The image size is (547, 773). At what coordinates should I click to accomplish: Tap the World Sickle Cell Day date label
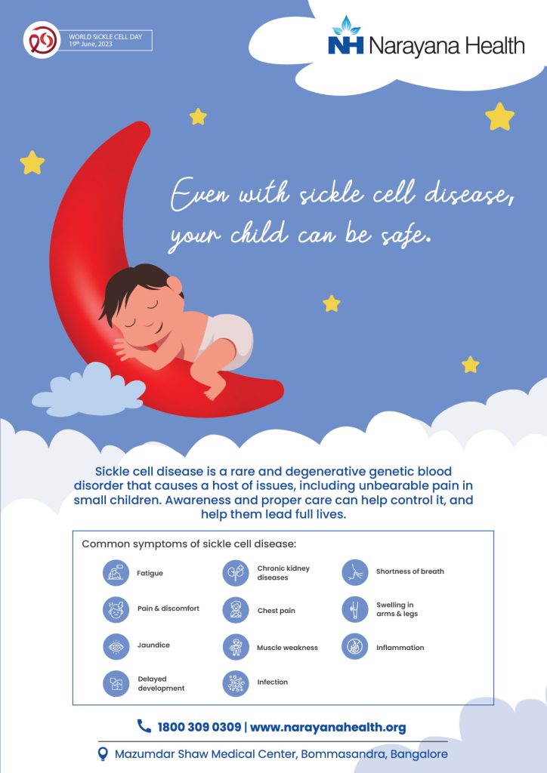(x=106, y=41)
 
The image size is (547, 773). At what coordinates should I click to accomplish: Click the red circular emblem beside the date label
(x=42, y=40)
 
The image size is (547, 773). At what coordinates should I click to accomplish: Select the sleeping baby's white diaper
(x=228, y=340)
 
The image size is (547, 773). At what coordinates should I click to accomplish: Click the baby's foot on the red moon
(x=215, y=392)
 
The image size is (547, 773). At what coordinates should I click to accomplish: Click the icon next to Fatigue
(x=116, y=573)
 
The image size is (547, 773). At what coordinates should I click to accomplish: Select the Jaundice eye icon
(x=116, y=646)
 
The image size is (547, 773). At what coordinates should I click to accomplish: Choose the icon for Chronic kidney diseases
(x=236, y=573)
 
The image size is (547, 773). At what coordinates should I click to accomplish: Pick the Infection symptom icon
(x=236, y=683)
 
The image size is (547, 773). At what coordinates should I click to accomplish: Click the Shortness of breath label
(x=410, y=571)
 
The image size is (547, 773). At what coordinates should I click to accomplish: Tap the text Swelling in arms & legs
(x=397, y=609)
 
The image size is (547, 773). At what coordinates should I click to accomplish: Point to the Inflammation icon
(x=355, y=646)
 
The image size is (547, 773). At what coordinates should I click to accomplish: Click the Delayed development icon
(x=116, y=683)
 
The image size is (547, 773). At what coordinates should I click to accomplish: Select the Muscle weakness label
(x=287, y=648)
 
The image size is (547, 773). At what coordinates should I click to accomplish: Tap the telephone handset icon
(x=144, y=725)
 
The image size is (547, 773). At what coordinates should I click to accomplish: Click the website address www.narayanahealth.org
(x=328, y=727)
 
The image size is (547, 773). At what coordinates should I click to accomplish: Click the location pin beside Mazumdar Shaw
(x=103, y=754)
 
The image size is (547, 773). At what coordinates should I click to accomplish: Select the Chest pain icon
(x=236, y=610)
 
